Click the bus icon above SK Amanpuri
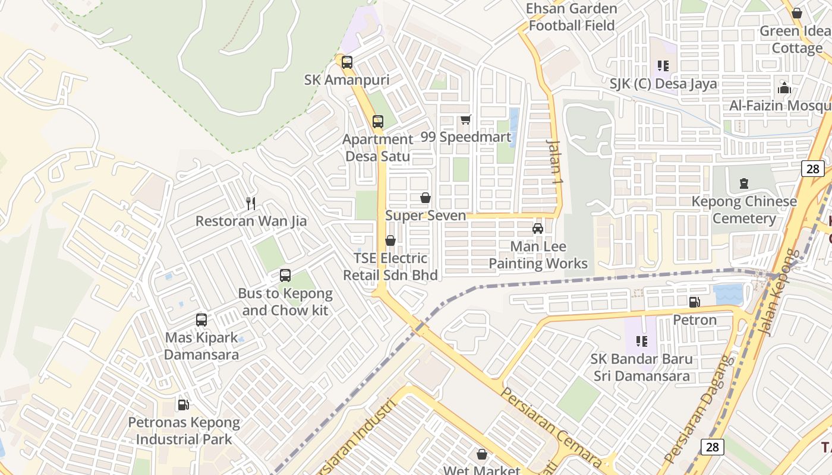[347, 62]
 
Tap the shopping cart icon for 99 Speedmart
[466, 120]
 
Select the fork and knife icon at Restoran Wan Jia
[251, 204]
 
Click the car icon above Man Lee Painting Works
[538, 229]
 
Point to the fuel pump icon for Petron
[694, 302]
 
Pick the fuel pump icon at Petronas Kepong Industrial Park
[184, 405]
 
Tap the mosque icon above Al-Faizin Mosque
[784, 88]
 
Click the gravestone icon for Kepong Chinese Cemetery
[744, 183]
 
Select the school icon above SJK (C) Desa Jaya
[663, 66]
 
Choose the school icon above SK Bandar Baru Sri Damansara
[641, 341]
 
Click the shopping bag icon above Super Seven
[426, 198]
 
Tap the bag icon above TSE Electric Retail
[390, 240]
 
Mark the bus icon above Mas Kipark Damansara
[201, 320]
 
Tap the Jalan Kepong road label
[780, 292]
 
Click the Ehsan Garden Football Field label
[572, 17]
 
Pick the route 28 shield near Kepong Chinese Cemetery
[812, 169]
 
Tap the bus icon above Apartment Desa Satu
[378, 122]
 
